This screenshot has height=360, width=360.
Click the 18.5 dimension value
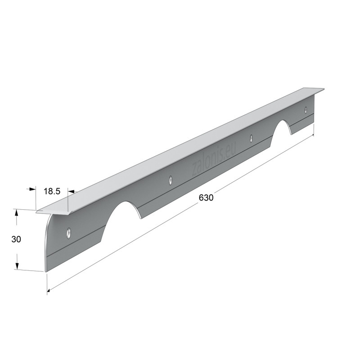[52, 191]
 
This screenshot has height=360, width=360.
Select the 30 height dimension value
[16, 239]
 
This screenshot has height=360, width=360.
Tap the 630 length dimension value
[206, 198]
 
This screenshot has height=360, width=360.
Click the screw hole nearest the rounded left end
[68, 233]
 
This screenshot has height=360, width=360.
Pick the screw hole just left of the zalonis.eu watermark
[171, 180]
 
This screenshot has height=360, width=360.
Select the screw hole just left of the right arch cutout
[251, 138]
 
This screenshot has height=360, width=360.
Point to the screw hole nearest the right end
[306, 110]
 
